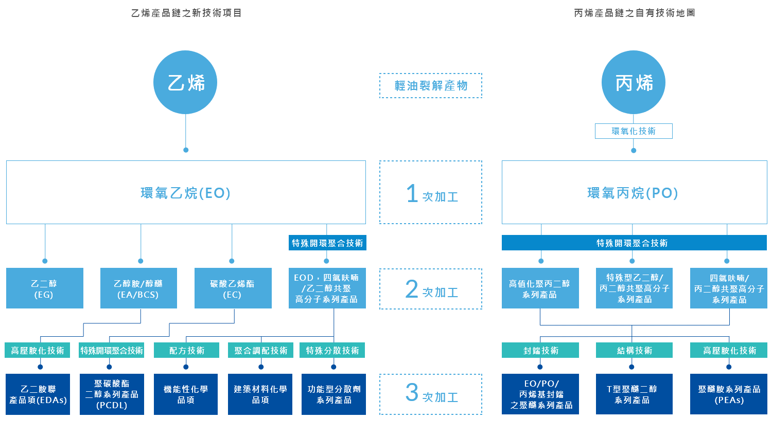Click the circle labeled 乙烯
(185, 82)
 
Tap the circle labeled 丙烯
(634, 82)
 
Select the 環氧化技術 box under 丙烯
(634, 131)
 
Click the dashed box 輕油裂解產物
(431, 85)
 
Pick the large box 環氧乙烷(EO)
(186, 192)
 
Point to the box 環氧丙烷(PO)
(634, 192)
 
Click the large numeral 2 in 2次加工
(412, 289)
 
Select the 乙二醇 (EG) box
(44, 288)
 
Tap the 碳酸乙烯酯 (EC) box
(233, 288)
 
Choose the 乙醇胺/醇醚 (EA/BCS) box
(138, 288)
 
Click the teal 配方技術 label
(186, 350)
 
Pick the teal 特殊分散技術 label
(333, 350)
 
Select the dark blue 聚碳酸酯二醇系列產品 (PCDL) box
(112, 394)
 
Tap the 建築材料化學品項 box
(260, 394)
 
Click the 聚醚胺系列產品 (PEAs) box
(728, 394)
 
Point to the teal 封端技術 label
(540, 350)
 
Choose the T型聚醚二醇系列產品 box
(634, 394)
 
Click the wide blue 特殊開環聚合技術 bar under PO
(634, 243)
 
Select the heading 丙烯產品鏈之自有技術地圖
(634, 13)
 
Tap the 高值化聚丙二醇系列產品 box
(540, 288)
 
